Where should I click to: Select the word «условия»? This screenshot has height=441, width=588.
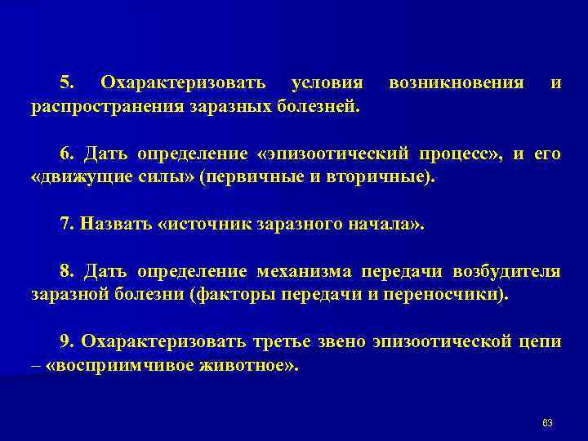click(327, 83)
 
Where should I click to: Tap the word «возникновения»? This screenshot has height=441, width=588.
click(457, 83)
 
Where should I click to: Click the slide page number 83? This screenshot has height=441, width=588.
click(547, 421)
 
